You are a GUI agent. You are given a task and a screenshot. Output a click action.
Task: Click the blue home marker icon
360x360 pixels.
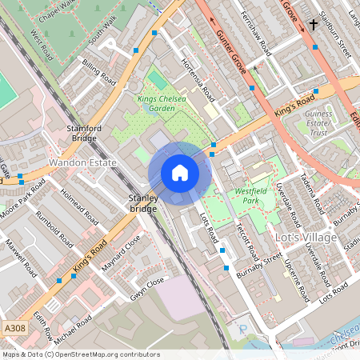pos(180,173)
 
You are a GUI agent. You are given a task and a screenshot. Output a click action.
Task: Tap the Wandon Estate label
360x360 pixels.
pos(83,162)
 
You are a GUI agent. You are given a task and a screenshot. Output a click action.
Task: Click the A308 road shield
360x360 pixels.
pos(14,328)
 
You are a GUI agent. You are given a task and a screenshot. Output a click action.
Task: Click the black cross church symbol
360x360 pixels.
pos(313,25)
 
